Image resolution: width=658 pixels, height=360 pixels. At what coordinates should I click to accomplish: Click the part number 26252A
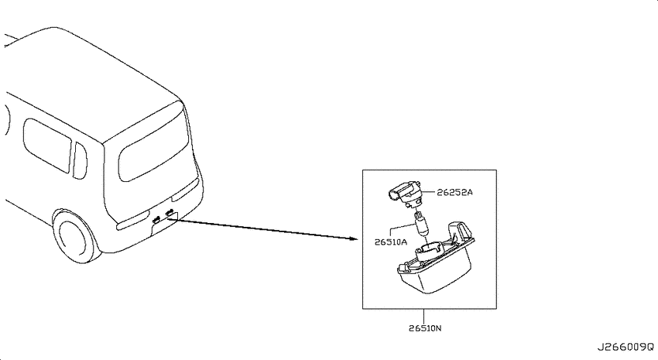point(454,192)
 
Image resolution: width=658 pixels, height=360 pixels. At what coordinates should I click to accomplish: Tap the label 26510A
point(391,242)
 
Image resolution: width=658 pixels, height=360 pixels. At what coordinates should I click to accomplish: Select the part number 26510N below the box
point(425,328)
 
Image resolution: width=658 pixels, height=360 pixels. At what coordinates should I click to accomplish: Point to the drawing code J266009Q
point(625,347)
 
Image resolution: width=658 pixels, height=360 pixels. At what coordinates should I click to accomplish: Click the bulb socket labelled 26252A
point(404,193)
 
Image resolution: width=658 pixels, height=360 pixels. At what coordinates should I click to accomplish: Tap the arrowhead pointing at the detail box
point(353,239)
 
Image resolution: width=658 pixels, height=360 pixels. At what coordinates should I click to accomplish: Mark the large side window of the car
point(47,146)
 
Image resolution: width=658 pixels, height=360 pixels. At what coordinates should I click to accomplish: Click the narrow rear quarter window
point(79,161)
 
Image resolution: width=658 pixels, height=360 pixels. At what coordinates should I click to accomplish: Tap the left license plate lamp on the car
point(156,218)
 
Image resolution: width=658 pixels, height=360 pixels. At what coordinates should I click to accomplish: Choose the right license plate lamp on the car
point(170,213)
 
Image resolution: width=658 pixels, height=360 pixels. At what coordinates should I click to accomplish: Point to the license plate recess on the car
point(164,224)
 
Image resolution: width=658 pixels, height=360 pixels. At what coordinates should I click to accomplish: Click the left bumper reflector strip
point(132,224)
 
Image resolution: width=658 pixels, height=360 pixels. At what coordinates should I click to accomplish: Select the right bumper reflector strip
point(185,190)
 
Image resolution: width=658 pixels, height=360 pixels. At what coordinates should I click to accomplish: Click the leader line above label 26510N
point(424,317)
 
